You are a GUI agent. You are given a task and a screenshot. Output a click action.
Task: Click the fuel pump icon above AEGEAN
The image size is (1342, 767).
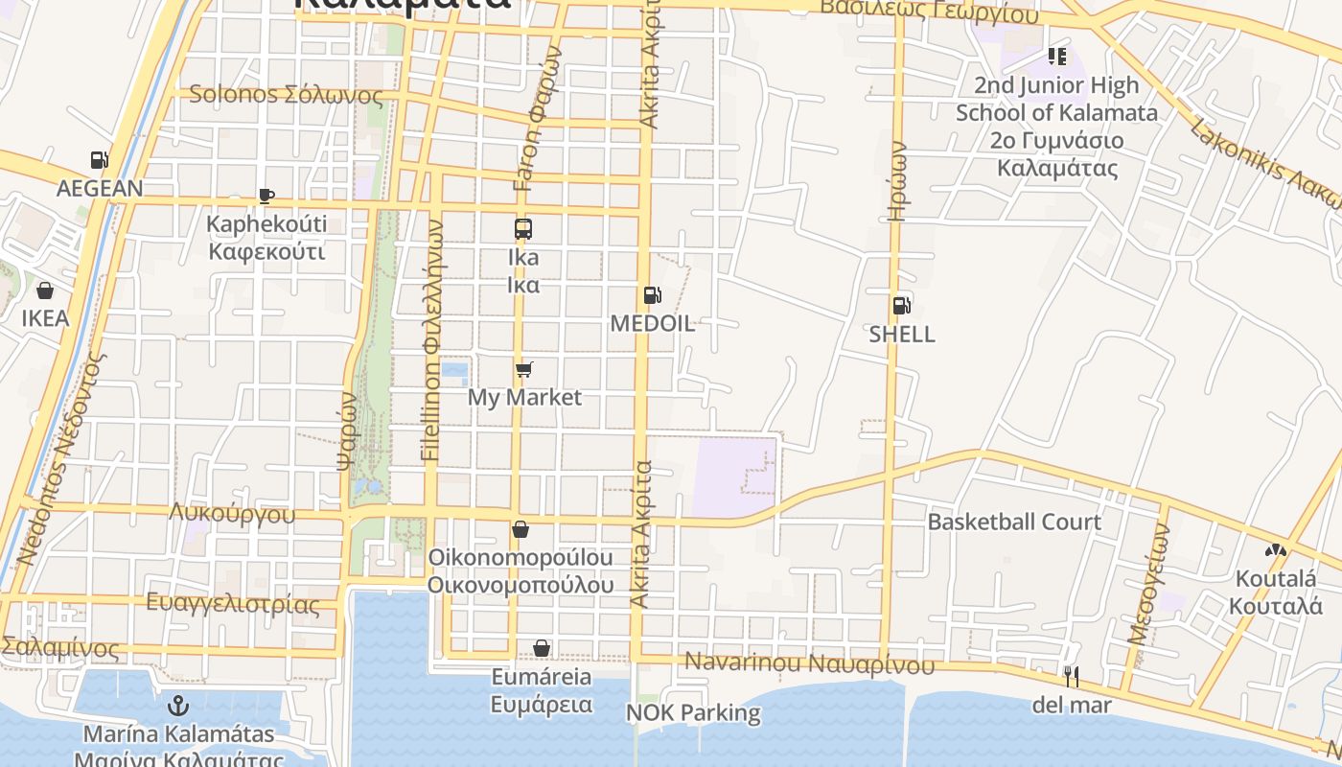pos(99,160)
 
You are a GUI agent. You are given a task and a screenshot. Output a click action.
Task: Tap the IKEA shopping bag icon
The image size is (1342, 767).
pos(45,290)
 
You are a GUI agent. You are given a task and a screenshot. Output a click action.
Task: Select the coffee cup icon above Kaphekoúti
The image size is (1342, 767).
pos(266,197)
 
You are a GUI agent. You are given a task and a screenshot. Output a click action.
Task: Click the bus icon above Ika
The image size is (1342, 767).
pos(522,229)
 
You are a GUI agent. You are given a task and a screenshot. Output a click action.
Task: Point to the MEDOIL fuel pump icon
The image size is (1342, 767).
pos(652,295)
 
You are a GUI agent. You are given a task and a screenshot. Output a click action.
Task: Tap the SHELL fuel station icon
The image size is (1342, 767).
pos(901,306)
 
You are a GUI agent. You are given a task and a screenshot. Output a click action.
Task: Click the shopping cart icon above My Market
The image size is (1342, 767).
pos(523,369)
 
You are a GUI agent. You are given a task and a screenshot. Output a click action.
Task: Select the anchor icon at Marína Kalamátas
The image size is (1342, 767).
pos(177,707)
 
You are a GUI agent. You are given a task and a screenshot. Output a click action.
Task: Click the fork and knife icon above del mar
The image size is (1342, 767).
pos(1071,677)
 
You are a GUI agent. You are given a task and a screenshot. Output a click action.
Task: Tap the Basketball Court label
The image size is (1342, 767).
pos(1014,523)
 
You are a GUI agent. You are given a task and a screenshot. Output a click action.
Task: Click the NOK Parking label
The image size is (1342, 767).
pos(693,712)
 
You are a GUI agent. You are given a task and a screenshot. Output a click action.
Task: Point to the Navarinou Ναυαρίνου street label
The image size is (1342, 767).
pos(809,663)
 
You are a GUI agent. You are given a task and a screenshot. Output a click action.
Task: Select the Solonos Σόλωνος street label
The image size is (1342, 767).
pos(286,95)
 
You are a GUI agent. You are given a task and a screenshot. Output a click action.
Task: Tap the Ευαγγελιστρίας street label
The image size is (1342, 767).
pos(232,604)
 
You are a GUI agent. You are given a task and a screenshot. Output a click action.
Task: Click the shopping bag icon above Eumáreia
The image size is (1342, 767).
pos(542,649)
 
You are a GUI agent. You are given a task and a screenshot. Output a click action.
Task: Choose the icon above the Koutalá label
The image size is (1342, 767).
pos(1275,550)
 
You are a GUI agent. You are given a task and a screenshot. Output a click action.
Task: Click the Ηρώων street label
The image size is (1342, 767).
pos(897,181)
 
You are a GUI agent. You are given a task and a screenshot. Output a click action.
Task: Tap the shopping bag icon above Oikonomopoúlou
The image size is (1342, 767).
pos(521,529)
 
